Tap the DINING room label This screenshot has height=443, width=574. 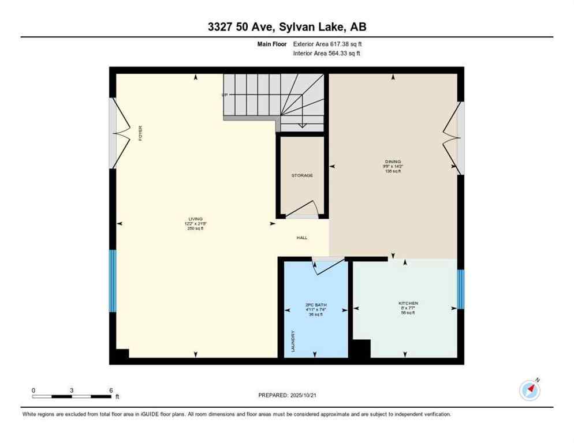(x=393, y=162)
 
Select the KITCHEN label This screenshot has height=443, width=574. (x=408, y=303)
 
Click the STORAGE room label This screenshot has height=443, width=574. (x=301, y=175)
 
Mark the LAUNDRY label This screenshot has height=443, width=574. (x=293, y=341)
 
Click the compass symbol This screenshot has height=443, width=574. (x=530, y=391)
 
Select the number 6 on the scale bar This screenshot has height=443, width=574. (x=110, y=390)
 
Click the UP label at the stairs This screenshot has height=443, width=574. (x=224, y=95)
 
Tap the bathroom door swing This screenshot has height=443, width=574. (x=325, y=265)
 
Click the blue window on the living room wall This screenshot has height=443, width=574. (x=113, y=281)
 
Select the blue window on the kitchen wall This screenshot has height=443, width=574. (x=460, y=289)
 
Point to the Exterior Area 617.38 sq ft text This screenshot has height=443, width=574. (x=327, y=43)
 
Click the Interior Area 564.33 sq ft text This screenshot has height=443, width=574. (x=327, y=54)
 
